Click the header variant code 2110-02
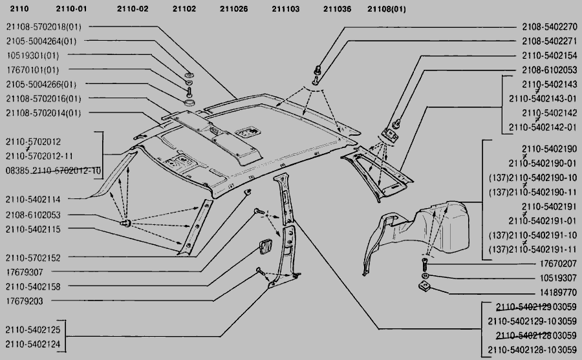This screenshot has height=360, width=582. click(x=133, y=8)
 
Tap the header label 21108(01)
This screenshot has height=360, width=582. click(x=387, y=8)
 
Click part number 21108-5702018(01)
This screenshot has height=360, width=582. click(x=44, y=27)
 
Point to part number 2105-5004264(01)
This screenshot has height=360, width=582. click(x=41, y=41)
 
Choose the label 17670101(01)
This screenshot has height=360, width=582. click(x=33, y=70)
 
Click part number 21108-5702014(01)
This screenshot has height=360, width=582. click(x=44, y=112)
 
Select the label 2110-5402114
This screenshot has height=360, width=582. click(x=33, y=199)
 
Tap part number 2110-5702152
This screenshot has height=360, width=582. click(x=33, y=257)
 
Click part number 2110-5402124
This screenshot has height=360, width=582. click(x=33, y=344)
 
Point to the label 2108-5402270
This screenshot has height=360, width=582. click(x=549, y=27)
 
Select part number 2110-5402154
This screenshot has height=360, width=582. click(x=549, y=56)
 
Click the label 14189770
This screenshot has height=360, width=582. click(x=559, y=292)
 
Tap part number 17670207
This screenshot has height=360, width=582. click(x=559, y=264)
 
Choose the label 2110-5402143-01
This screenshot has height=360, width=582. click(x=543, y=98)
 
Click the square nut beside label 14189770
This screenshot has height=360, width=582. click(x=426, y=287)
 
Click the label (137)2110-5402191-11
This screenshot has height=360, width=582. click(x=532, y=249)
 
